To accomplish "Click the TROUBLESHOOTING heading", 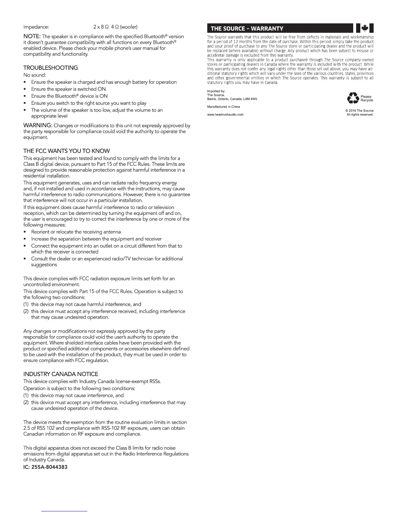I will point(51,68).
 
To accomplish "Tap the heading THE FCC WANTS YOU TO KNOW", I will point(66,151).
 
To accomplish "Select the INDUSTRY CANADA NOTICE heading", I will point(61,374).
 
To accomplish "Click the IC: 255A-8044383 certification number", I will point(45,467).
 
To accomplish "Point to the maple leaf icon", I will point(365,29).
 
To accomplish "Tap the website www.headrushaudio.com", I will point(225,115).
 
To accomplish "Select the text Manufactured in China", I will point(223,107).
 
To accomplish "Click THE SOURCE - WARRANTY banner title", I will point(247,29).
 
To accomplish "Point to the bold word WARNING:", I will point(38,126).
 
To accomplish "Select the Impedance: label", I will point(36,27).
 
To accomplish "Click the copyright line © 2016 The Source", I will point(359,111).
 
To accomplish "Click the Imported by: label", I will point(216,92).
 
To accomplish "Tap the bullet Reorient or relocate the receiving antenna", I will point(76,232).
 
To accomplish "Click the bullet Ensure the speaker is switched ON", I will point(68,89).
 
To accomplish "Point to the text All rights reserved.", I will point(360,115).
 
